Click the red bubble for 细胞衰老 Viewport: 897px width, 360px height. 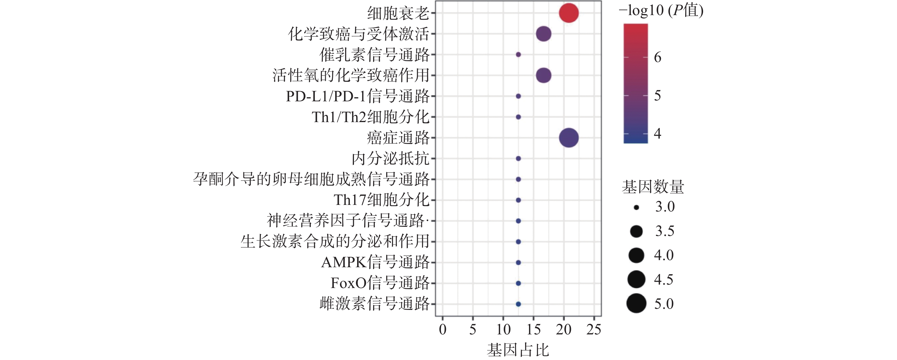click(x=569, y=13)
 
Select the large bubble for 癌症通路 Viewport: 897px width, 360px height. click(x=569, y=137)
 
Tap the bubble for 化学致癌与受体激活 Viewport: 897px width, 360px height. click(x=544, y=34)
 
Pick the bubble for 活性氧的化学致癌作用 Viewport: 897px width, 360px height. click(x=544, y=75)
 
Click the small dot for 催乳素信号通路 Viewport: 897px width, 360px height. click(x=518, y=55)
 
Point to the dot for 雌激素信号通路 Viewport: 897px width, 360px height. click(x=518, y=304)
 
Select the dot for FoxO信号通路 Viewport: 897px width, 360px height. click(x=518, y=283)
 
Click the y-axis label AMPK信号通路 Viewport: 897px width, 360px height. click(x=375, y=262)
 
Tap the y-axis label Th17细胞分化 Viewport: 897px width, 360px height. click(x=381, y=200)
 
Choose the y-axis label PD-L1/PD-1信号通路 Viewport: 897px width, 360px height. click(x=358, y=96)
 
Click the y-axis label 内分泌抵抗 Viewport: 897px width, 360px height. click(x=390, y=159)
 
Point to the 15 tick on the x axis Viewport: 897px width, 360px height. click(x=533, y=329)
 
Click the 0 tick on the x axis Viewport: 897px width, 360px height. click(x=443, y=329)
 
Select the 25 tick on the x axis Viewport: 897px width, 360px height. click(x=594, y=329)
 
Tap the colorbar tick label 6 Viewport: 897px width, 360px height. click(x=658, y=57)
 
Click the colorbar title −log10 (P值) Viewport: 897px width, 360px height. click(x=661, y=11)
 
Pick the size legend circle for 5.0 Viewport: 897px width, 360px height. click(x=636, y=303)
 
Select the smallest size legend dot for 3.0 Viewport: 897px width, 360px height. click(x=636, y=207)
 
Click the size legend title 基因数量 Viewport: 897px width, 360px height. click(x=653, y=187)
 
